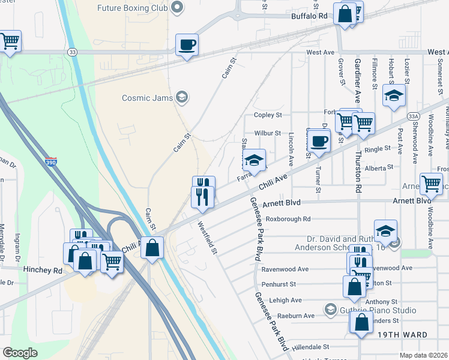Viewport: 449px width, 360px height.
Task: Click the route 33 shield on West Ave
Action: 72,52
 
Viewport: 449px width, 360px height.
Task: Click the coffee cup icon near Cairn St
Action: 187,44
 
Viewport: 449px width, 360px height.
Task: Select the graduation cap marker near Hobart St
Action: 394,96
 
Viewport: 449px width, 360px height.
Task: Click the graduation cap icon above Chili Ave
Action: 254,160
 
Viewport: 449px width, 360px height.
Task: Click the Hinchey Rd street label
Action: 43,270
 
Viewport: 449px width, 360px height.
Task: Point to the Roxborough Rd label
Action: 288,219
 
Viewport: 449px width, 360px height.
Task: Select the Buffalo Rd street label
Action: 310,17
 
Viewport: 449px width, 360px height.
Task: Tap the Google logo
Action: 20,353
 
